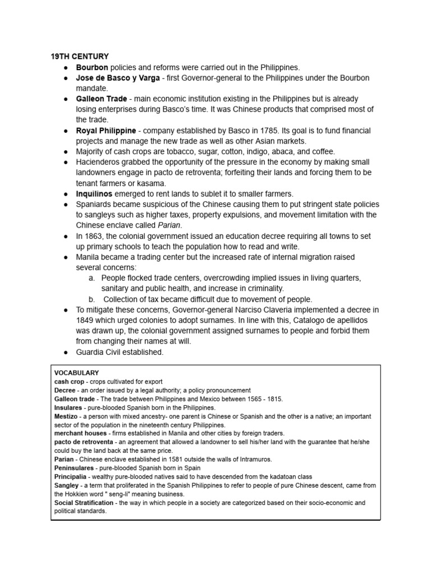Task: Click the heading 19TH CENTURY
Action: coord(80,57)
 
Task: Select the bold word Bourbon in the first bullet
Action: coord(92,67)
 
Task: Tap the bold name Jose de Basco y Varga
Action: coord(118,78)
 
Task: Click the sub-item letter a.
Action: coord(92,278)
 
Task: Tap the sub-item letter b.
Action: coord(92,299)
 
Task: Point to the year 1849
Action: coord(85,321)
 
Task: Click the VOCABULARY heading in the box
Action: coord(76,373)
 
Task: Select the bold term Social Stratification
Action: coord(83,503)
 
